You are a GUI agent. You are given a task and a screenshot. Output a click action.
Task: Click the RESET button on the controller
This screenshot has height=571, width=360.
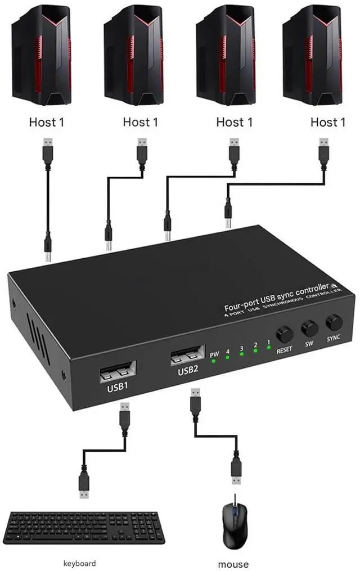pyautogui.click(x=284, y=334)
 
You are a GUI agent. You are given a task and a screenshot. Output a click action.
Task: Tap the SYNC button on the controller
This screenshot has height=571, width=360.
pyautogui.click(x=334, y=322)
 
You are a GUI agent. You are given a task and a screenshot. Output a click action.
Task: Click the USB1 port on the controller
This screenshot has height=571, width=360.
pyautogui.click(x=118, y=371)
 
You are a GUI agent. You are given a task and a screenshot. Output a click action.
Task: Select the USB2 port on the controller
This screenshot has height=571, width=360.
pyautogui.click(x=188, y=355)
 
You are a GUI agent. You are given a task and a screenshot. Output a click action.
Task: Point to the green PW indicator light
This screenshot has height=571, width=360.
pyautogui.click(x=214, y=361)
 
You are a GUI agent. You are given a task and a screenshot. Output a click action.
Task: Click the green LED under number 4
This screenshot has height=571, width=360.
pyautogui.click(x=227, y=358)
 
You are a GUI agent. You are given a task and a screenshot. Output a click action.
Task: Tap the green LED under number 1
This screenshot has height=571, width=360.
pyautogui.click(x=269, y=348)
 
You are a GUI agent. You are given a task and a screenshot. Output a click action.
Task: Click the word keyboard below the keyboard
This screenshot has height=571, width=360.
pyautogui.click(x=79, y=563)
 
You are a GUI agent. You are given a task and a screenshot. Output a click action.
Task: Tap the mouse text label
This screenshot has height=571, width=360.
pyautogui.click(x=233, y=564)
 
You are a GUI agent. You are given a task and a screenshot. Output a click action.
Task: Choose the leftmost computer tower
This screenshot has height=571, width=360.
pyautogui.click(x=41, y=55)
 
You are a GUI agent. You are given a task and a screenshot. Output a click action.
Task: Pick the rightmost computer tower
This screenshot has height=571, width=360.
pyautogui.click(x=312, y=55)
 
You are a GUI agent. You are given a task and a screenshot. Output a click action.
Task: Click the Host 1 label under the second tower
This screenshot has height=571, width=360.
pyautogui.click(x=140, y=122)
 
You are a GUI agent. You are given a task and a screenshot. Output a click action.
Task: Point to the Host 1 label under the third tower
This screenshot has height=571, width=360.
pyautogui.click(x=234, y=122)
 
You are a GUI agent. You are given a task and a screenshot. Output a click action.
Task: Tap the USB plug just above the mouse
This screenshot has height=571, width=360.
pyautogui.click(x=236, y=471)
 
